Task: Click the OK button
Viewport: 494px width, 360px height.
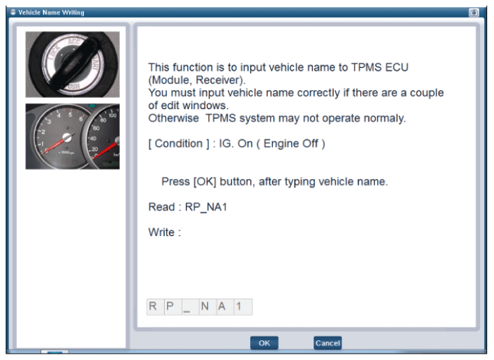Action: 264,343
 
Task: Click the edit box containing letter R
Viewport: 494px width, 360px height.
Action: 155,306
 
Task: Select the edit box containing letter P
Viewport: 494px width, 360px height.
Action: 173,306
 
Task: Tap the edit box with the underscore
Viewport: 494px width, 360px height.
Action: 190,306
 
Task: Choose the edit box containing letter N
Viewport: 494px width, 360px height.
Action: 208,306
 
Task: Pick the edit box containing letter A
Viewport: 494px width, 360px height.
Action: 225,306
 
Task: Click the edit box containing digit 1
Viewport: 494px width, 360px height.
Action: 243,306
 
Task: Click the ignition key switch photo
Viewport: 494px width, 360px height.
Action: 73,64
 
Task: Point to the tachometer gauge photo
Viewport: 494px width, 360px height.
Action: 73,137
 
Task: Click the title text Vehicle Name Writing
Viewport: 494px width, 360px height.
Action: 51,13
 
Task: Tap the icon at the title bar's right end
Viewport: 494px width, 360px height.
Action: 474,13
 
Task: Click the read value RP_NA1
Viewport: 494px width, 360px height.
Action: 206,207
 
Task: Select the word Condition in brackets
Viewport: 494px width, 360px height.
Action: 178,144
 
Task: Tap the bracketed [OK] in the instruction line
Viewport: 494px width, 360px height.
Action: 205,182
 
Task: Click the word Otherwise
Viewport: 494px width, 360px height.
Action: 173,118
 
